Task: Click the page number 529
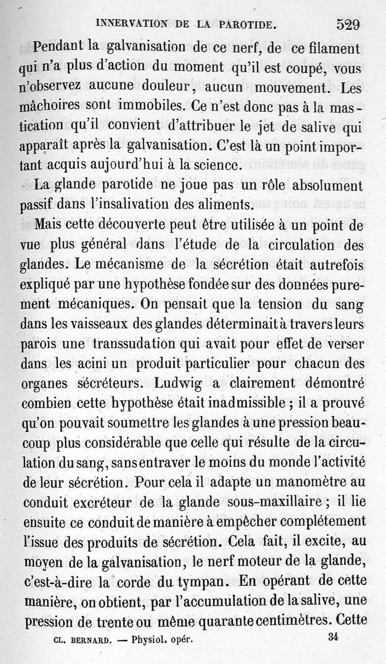(349, 24)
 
